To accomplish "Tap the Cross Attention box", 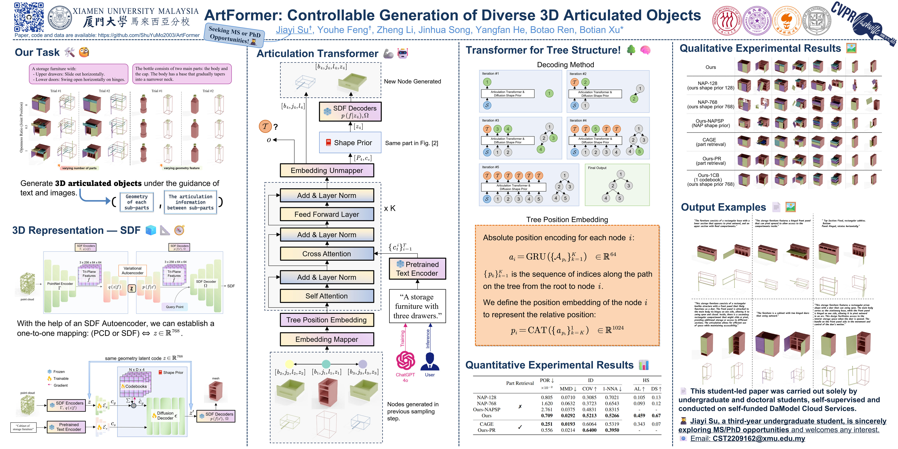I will (x=327, y=254).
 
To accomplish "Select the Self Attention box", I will (x=327, y=296).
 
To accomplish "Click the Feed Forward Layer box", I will (x=327, y=214).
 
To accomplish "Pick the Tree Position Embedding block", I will (x=327, y=320).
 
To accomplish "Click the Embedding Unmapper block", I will (x=327, y=170).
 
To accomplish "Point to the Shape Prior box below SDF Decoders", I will (x=350, y=143).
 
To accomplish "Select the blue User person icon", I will (x=430, y=361).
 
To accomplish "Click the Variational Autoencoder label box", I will (x=132, y=270).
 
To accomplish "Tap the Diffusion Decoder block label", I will (x=165, y=416).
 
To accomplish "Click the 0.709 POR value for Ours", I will (x=547, y=416).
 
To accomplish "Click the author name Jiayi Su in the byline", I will (x=293, y=30).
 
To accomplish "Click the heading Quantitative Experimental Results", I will (x=549, y=365).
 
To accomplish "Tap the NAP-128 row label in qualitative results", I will (x=708, y=83).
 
